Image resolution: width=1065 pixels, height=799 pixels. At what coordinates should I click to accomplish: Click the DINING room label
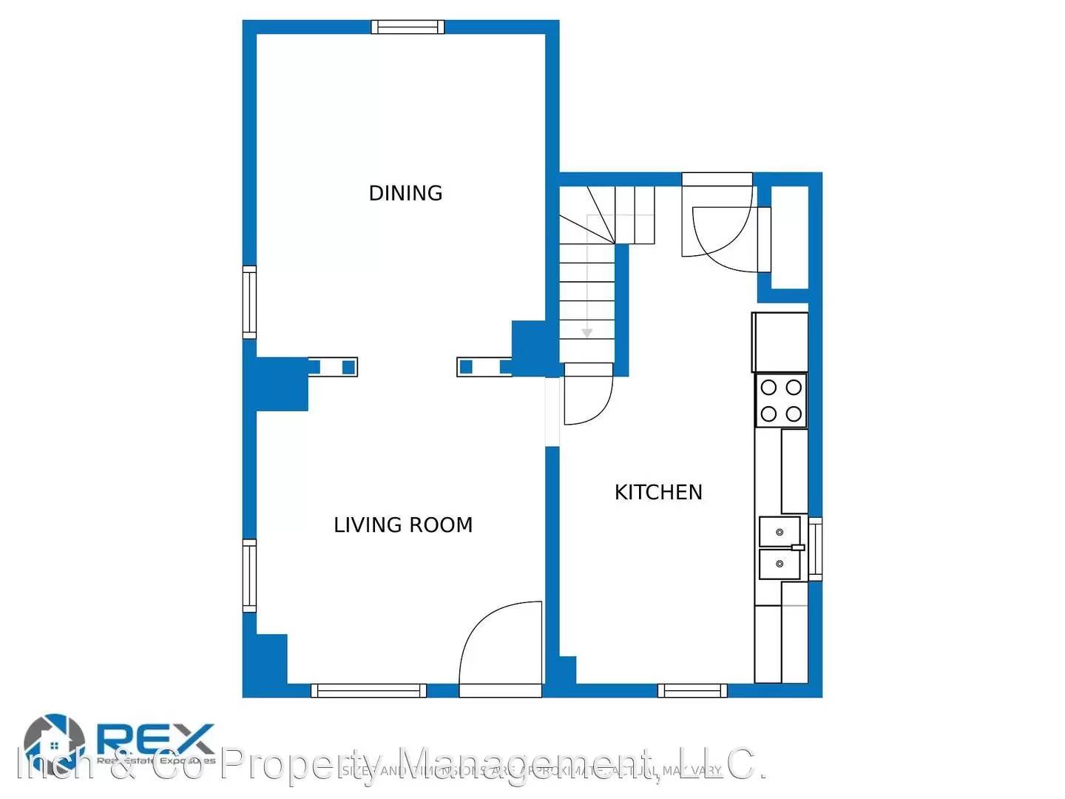[405, 193]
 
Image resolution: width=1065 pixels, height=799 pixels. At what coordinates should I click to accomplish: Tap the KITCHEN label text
[658, 492]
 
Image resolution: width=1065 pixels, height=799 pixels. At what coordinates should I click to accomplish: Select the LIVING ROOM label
[403, 525]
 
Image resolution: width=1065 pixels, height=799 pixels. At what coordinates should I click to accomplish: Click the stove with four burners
[781, 400]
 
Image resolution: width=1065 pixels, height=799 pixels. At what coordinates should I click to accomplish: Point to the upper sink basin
[780, 531]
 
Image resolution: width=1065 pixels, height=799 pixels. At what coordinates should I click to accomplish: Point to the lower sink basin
[780, 564]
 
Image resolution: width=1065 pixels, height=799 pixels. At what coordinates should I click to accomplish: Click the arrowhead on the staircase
[586, 333]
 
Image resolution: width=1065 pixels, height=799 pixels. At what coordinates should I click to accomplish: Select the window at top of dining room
[408, 27]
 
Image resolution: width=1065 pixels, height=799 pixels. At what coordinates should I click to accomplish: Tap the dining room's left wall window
[249, 303]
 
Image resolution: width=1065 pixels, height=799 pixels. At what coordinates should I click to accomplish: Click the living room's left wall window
[249, 576]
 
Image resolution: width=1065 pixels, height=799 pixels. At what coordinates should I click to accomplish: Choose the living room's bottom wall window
[368, 690]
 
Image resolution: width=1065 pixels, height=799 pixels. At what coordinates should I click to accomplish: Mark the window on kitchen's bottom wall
[692, 690]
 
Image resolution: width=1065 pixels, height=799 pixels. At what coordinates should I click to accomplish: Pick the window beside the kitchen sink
[815, 548]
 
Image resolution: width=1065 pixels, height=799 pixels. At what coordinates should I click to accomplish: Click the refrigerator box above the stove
[780, 342]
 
